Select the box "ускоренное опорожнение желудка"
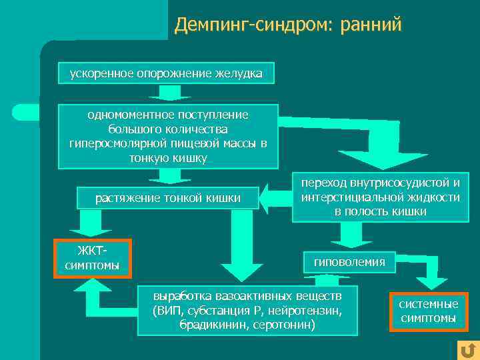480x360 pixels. coord(167,72)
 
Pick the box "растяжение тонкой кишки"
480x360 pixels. coord(167,197)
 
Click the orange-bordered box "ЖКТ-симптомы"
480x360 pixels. coord(93,258)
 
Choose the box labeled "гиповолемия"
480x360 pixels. coord(349,262)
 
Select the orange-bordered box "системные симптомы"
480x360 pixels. coord(429,311)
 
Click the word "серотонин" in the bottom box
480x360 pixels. coord(285,325)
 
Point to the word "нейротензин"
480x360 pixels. coord(308,310)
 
